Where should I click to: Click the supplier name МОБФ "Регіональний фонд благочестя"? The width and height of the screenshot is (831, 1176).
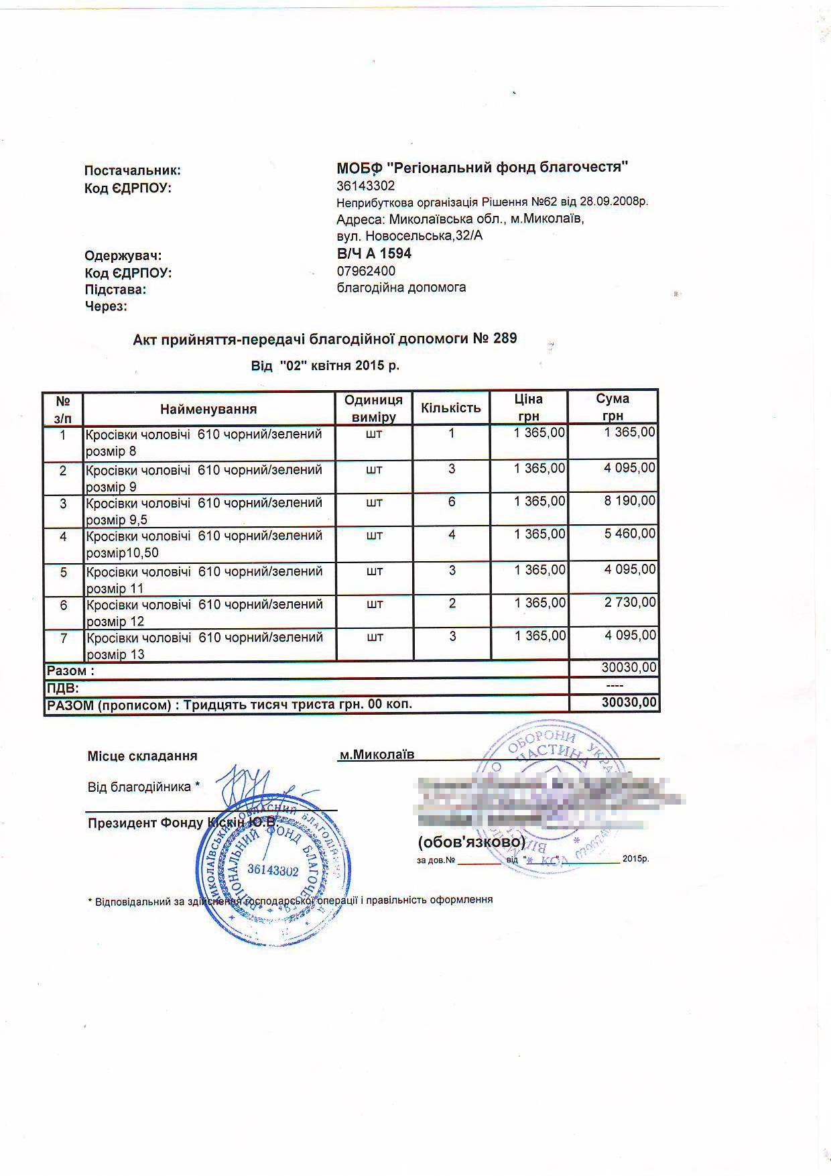(482, 168)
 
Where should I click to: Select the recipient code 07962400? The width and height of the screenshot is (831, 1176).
(366, 271)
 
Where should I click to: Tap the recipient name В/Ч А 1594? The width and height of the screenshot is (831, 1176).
(374, 253)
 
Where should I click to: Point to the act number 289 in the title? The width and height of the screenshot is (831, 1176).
(505, 338)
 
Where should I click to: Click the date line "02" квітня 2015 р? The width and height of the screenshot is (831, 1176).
(325, 366)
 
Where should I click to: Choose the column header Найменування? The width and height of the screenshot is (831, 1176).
(208, 409)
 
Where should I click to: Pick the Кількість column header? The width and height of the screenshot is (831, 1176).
(451, 408)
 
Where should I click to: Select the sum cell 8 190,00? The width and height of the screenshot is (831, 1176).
(630, 501)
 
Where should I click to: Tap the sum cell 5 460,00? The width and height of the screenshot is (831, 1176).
(630, 534)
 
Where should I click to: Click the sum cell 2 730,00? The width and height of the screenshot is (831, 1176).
(630, 603)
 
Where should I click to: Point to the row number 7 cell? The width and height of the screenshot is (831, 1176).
(64, 638)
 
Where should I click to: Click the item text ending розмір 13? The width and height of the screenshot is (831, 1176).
(204, 646)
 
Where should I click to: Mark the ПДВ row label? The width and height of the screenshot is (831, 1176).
(62, 688)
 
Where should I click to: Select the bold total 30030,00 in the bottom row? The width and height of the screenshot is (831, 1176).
(629, 703)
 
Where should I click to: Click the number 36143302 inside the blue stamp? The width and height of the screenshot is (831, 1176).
(273, 870)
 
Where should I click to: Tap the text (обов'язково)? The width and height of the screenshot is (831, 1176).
(471, 841)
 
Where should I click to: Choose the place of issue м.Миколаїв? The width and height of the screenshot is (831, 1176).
(377, 755)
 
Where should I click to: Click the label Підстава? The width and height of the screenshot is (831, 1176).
(115, 290)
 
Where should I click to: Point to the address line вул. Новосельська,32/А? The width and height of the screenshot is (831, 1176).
(409, 236)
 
